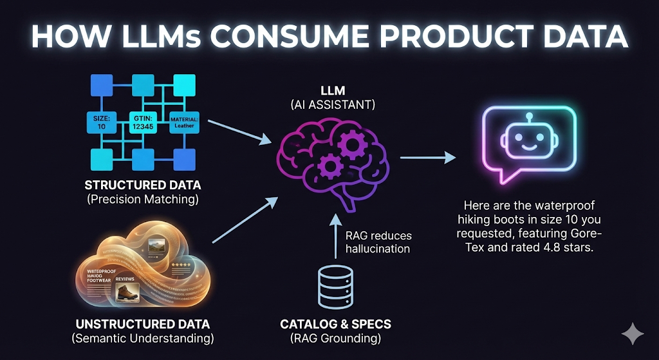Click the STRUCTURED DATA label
(143, 185)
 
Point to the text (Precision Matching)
(143, 200)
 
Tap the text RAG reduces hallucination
(378, 243)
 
